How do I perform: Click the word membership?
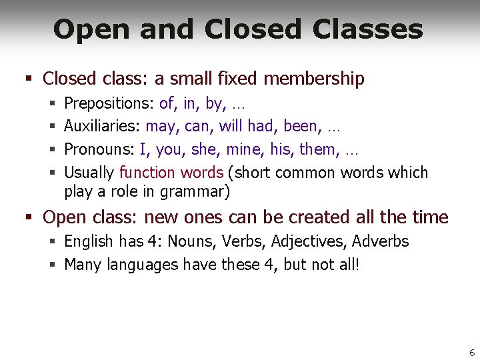314,79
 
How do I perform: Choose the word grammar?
199,193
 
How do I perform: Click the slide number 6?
472,353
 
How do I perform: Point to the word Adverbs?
380,241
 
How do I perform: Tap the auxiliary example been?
301,126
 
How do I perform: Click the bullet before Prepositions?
52,104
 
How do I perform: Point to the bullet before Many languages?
52,265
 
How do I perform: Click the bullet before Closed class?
29,79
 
